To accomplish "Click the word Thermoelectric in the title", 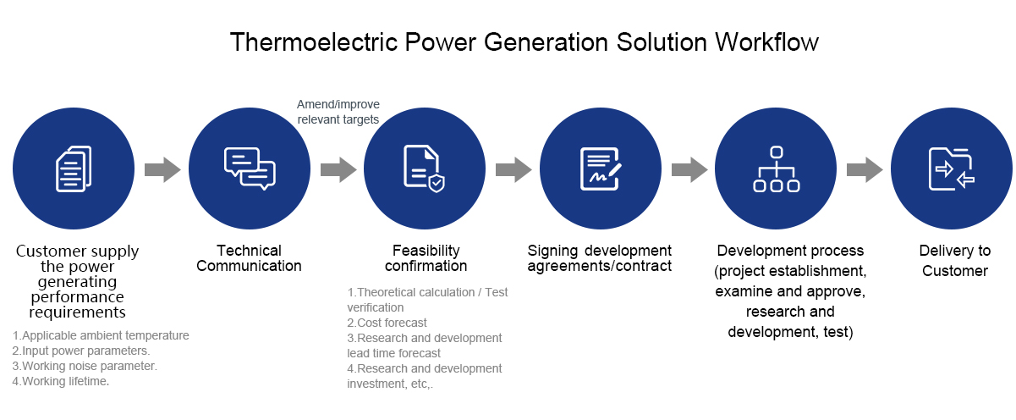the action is pos(315,42).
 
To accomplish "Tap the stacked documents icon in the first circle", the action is pos(74,169).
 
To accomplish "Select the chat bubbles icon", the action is pos(250,169).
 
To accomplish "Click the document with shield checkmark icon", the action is pos(424,169).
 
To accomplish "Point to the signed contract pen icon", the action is pos(601,169).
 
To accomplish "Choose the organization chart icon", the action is pos(776,169).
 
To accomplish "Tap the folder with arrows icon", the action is pos(952,169).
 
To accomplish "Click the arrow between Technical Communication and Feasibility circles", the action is pos(338,170).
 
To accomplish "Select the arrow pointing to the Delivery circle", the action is pos(865,170).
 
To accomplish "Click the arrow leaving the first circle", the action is pos(162,170).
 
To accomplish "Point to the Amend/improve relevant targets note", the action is pos(338,112).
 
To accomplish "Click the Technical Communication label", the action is pos(249,258).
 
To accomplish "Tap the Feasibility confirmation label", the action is pos(426,258).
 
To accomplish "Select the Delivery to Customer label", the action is pos(955,261).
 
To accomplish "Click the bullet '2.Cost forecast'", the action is pos(387,323).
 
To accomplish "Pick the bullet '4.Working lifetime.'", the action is pos(61,381).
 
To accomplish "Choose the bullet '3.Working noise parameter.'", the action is pos(85,366).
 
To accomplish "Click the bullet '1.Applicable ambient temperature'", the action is pos(101,335).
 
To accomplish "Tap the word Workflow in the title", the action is pos(767,42).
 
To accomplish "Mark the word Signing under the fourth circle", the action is pos(552,251).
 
